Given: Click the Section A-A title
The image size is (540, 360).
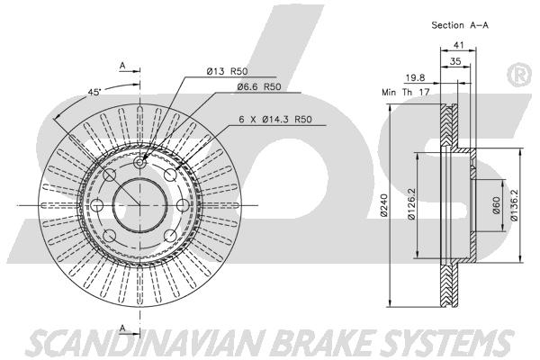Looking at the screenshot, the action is tap(460, 25).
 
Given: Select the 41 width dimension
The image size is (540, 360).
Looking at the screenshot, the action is tap(458, 45).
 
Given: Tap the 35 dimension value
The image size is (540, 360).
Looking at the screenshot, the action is tap(455, 61).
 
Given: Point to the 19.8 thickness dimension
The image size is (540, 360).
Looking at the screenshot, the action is tap(415, 78).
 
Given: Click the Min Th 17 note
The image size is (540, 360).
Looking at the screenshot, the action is tap(405, 92).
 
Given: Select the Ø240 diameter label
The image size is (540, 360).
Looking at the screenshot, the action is tap(384, 206).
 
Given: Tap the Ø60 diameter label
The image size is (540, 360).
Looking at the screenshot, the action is tap(496, 205).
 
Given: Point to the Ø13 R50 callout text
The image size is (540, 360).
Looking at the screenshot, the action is tap(228, 71).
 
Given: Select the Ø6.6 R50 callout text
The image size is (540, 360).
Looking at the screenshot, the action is tap(259, 86).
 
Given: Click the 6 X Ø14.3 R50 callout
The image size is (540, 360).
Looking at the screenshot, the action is tap(275, 119).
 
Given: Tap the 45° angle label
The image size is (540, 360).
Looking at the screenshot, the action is tap(94, 92).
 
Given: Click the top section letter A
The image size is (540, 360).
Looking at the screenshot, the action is tap(122, 65).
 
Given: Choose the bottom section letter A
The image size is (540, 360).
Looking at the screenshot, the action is tap(122, 328).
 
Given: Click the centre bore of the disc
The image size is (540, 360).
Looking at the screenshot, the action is tap(139, 205).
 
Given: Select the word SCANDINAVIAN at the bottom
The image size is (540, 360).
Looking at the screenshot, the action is tap(146, 343).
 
